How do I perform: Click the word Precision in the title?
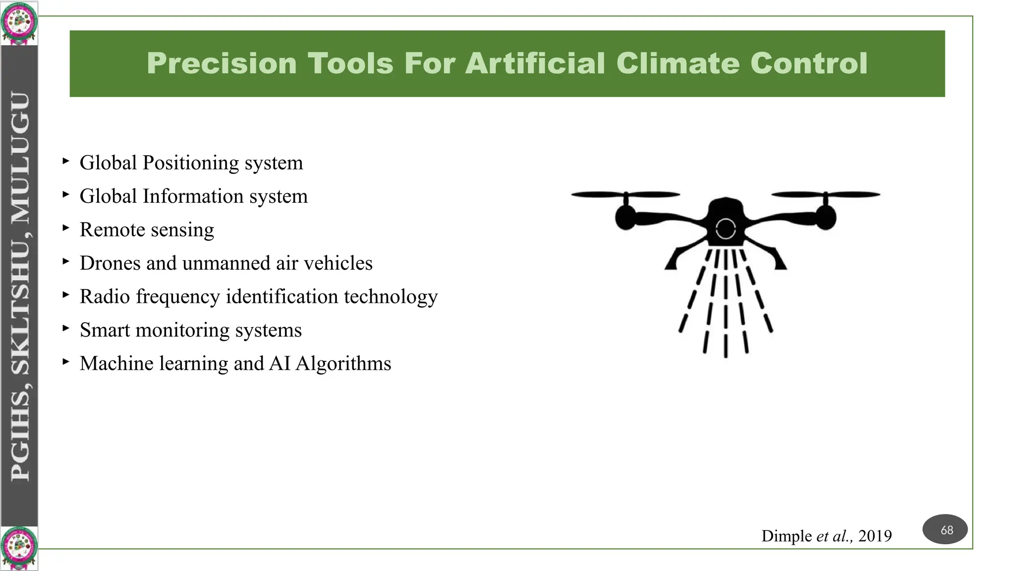[221, 63]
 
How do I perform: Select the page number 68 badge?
[945, 530]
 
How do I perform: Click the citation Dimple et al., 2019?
[826, 536]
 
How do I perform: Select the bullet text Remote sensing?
[147, 230]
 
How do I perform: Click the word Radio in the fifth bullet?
[105, 296]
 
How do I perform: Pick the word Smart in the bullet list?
[105, 330]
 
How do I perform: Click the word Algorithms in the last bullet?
[343, 363]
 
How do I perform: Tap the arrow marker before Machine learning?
[66, 362]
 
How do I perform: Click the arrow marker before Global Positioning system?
[66, 161]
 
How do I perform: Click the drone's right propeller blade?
[826, 195]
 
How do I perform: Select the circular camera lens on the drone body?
[726, 229]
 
